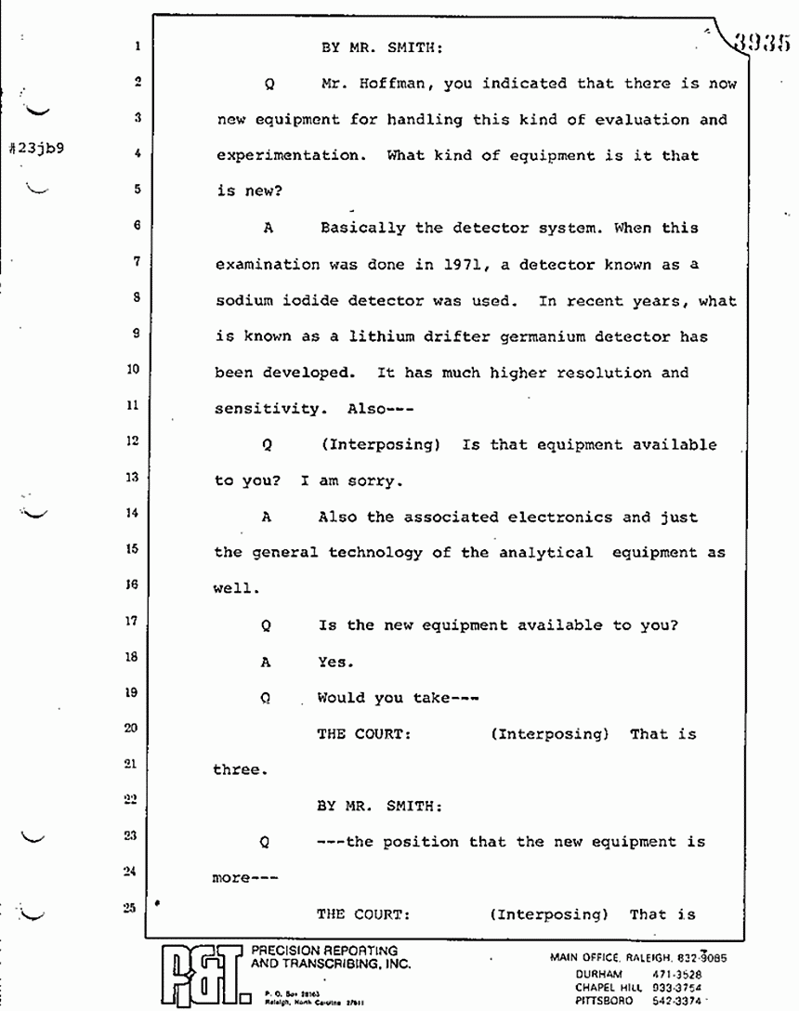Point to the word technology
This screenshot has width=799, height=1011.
pyautogui.click(x=369, y=553)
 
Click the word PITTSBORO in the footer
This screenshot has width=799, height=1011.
pyautogui.click(x=604, y=1001)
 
